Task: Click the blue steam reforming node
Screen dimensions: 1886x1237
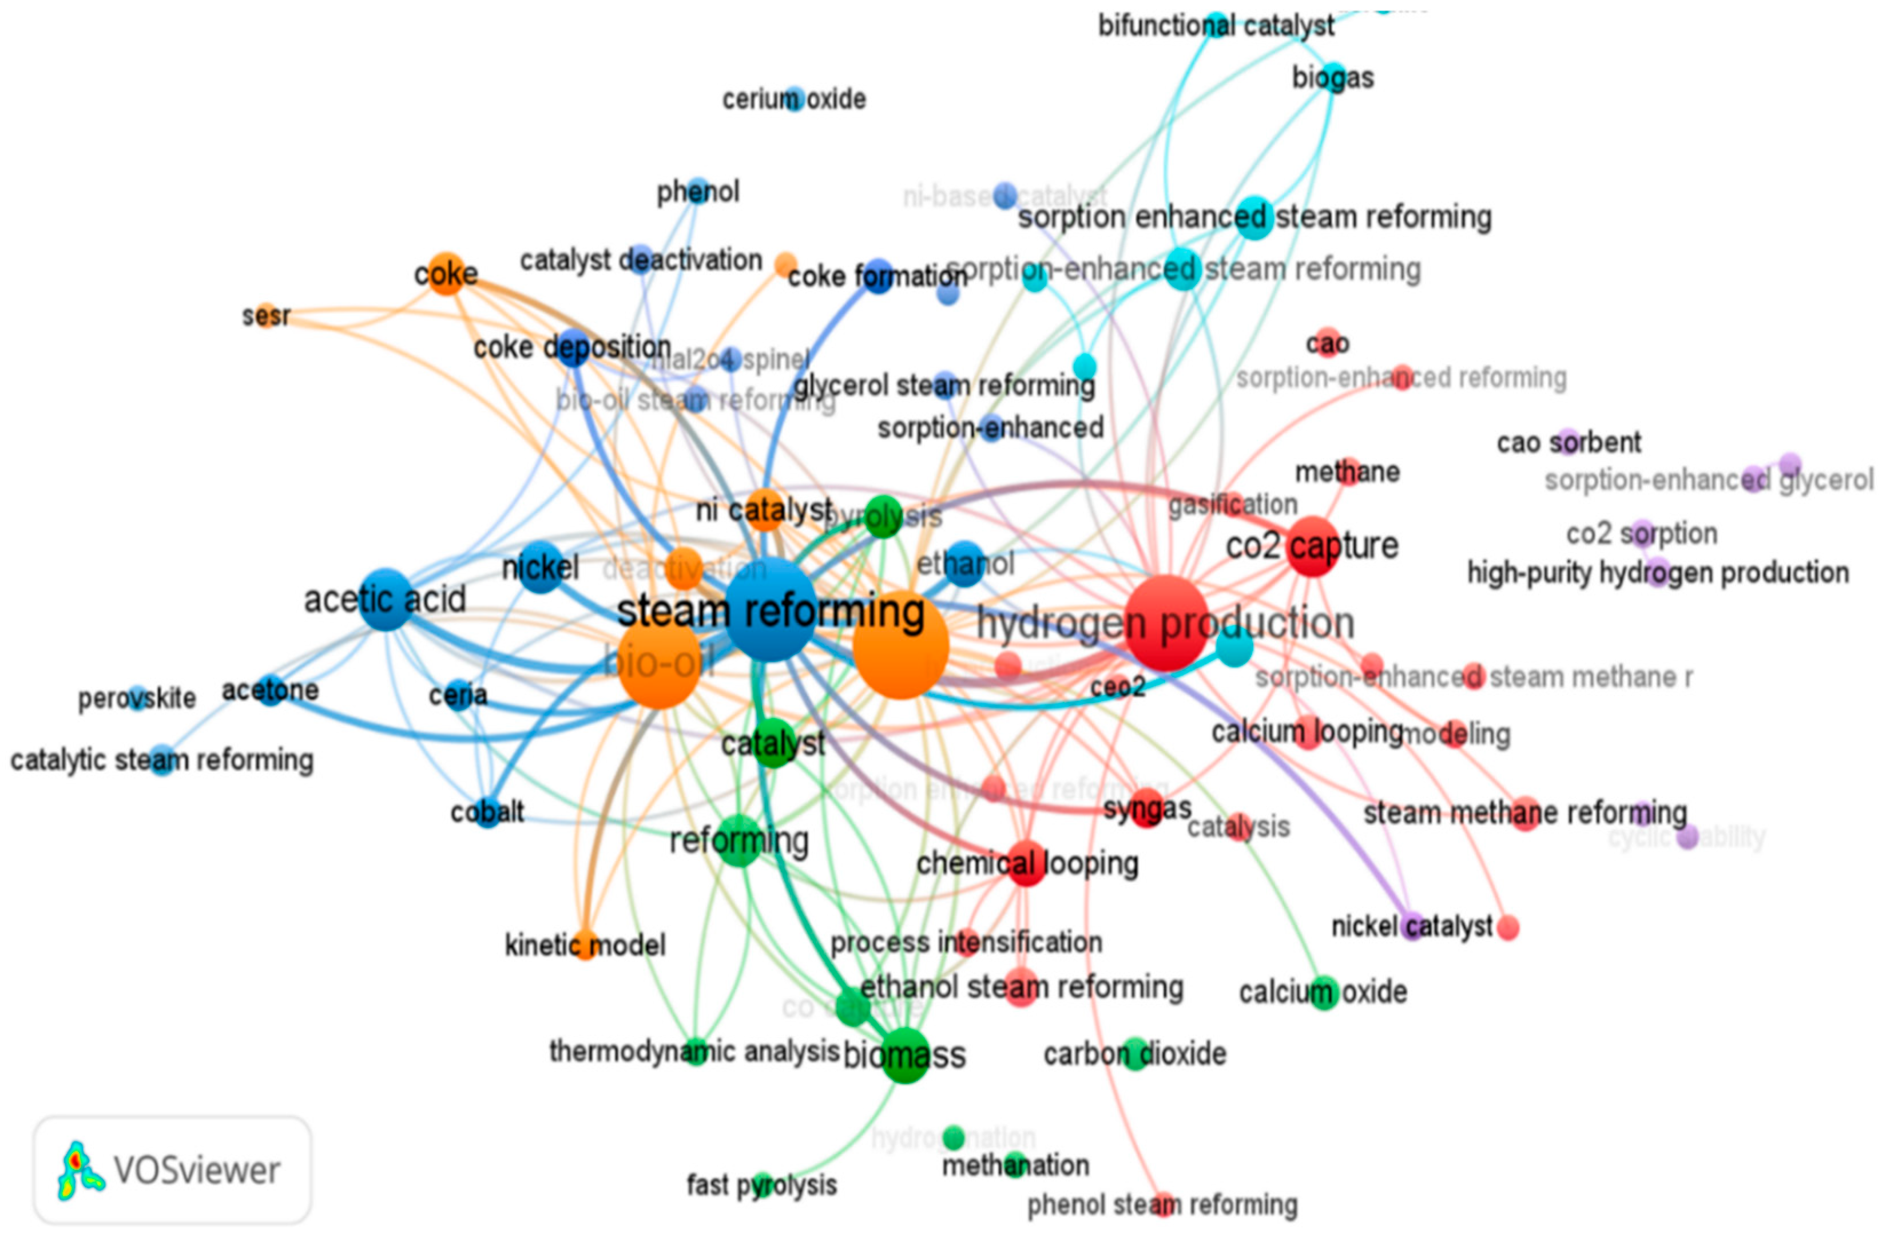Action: click(x=771, y=609)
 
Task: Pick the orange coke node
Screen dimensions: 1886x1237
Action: click(x=447, y=273)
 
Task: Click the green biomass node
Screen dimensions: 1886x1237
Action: click(x=905, y=1054)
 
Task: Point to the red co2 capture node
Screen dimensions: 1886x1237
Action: click(x=1313, y=546)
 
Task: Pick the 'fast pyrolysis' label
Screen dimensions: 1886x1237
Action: click(x=761, y=1186)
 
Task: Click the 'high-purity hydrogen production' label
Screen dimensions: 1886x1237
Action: click(x=1658, y=572)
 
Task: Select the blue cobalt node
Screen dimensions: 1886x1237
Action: click(x=488, y=811)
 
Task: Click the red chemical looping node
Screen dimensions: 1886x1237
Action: click(x=1026, y=863)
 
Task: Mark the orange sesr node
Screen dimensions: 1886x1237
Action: click(x=266, y=315)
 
